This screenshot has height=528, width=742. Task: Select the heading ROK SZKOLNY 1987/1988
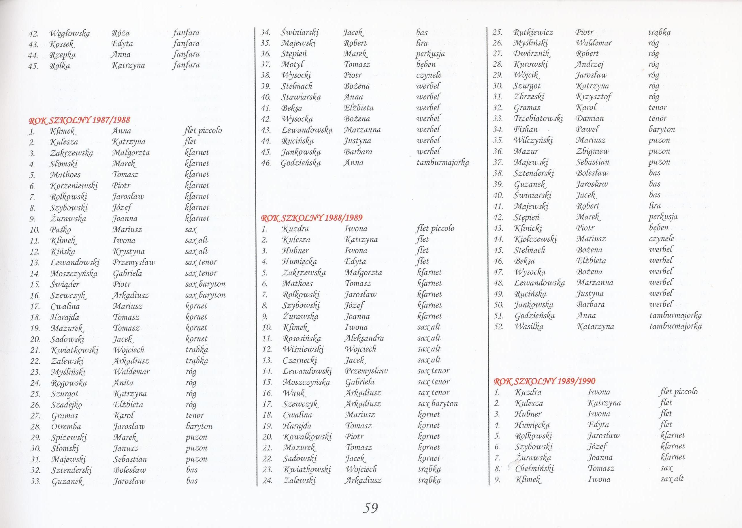point(79,120)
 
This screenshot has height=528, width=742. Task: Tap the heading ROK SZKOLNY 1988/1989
point(312,218)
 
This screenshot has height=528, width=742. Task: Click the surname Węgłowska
point(69,33)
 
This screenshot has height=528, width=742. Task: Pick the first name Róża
point(120,33)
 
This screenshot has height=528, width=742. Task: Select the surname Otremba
point(66,426)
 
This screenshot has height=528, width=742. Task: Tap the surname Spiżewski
point(69,438)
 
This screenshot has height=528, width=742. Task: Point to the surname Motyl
point(292,64)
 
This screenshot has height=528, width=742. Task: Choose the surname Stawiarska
point(301,97)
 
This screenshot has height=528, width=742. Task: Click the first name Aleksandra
point(364,338)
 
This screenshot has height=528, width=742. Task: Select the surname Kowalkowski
point(307,437)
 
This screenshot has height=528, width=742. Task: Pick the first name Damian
point(590,118)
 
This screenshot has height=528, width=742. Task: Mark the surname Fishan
point(526,129)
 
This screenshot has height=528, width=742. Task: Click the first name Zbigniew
point(592,151)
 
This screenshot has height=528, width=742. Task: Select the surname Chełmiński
point(534,469)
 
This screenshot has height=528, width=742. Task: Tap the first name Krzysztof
point(593,97)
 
